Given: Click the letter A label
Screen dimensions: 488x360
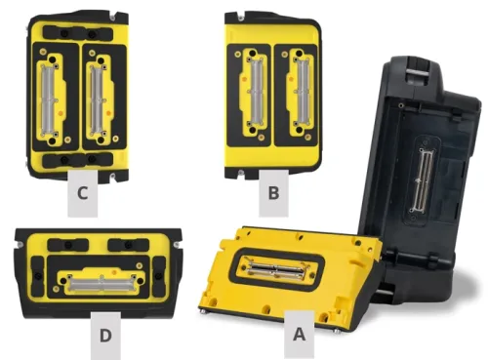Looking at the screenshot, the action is point(299,335).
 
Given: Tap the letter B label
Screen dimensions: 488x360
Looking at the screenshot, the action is point(273,193).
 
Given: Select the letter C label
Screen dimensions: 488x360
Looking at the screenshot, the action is point(82,193).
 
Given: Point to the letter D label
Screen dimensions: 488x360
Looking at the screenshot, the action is point(105,336).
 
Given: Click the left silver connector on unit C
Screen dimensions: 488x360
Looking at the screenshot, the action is point(49,100).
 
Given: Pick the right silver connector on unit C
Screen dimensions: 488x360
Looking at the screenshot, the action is point(98,100).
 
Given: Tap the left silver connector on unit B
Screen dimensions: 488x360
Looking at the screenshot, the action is point(256,92).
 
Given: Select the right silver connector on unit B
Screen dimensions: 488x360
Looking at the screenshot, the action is point(303,92).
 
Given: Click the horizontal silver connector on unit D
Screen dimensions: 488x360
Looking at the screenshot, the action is point(102,283).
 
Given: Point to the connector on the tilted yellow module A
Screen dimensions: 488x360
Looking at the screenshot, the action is point(276,268).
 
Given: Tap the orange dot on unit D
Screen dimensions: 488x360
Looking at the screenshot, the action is point(114,271).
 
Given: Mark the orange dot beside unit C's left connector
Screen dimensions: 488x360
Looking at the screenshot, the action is point(61,112).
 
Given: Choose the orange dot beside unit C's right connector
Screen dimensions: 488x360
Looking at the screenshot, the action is point(108,113).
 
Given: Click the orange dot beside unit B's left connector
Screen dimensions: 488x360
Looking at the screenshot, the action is point(244,79).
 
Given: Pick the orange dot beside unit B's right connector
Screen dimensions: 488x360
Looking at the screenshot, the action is point(291,79).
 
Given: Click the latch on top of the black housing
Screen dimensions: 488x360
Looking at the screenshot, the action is point(418,74).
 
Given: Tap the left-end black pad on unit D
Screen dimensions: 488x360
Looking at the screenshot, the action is point(37,276).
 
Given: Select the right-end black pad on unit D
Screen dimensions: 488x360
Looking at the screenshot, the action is point(160,276).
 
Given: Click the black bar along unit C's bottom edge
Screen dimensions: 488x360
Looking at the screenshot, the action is point(78,160).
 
